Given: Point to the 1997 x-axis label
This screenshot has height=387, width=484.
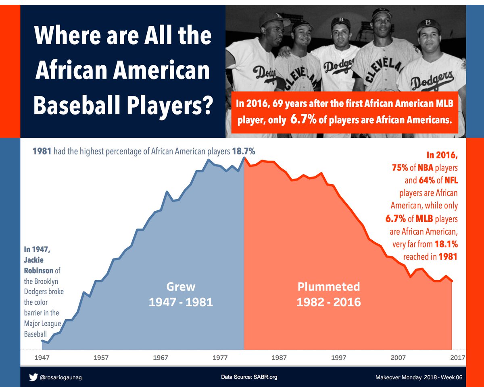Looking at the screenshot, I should click(339, 358).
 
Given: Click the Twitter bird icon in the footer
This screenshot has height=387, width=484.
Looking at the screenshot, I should click(33, 377).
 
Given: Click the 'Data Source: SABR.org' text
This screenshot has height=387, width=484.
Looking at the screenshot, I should click(249, 377).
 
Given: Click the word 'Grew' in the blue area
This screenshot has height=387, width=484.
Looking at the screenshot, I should click(181, 287).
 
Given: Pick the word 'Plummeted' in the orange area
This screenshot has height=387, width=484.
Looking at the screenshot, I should click(328, 287).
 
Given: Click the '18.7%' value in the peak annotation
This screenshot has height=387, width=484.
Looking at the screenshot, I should click(243, 152).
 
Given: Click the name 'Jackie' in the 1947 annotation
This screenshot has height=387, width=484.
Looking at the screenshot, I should click(33, 260).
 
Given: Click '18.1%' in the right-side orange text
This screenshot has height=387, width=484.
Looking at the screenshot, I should click(446, 244).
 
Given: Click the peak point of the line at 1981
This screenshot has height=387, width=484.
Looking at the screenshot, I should click(244, 158).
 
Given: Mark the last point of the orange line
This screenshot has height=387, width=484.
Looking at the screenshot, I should click(452, 281).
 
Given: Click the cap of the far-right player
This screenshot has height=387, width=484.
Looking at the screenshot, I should click(428, 26).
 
